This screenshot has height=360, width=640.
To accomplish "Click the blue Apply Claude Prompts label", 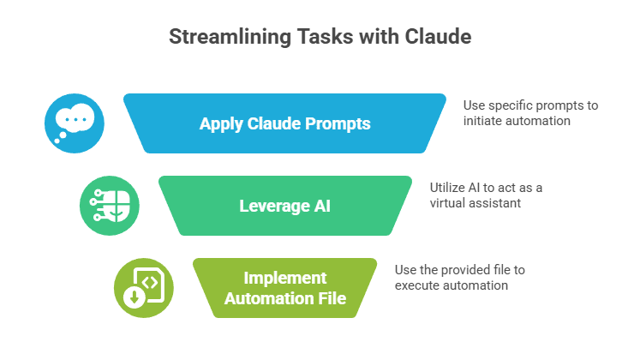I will pos(284,123).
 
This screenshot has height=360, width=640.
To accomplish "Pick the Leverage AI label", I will pos(284,206).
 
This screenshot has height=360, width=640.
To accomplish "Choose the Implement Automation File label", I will pos(284,288).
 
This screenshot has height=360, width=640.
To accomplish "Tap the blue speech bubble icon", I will pos(75,123).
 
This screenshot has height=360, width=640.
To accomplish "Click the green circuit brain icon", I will pos(109,206).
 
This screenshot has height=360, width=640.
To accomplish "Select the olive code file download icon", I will pos(143,287).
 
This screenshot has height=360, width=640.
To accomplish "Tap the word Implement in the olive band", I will pos(284,279).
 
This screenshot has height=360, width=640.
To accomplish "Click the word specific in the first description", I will pos(511,105).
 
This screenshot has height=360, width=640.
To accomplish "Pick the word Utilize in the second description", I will pos(447,188).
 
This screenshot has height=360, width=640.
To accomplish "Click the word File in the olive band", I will pos(332,297).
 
